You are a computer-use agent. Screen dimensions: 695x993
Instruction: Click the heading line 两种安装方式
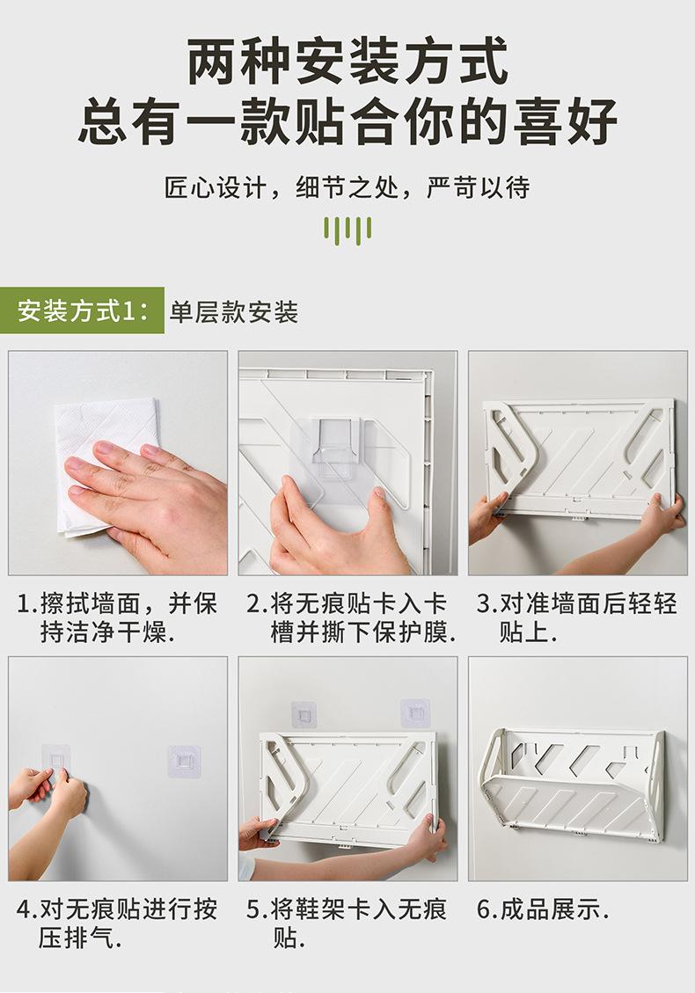(347, 61)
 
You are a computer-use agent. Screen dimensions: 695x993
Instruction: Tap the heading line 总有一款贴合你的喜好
(347, 121)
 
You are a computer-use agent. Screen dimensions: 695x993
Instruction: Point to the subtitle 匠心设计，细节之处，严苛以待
(347, 187)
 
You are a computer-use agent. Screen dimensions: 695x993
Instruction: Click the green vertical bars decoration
(347, 230)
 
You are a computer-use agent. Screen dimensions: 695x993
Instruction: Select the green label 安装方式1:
(83, 310)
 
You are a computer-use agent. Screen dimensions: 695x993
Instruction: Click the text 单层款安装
(234, 312)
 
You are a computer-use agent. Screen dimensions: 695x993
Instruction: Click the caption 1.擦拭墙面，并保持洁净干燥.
(117, 617)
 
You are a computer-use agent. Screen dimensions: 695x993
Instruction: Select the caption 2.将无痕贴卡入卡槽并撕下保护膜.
(351, 617)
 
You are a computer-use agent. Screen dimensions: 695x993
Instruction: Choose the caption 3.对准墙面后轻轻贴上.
(577, 617)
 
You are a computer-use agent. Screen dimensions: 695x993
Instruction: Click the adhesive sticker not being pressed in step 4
(185, 761)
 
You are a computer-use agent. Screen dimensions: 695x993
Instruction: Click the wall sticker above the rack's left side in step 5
(304, 715)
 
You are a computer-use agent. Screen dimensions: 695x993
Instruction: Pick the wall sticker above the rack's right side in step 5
(415, 713)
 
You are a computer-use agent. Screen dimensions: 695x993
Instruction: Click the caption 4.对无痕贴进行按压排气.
(117, 924)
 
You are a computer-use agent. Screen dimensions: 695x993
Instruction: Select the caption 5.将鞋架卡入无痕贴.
(347, 924)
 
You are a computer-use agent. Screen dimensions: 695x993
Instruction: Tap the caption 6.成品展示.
(543, 910)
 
